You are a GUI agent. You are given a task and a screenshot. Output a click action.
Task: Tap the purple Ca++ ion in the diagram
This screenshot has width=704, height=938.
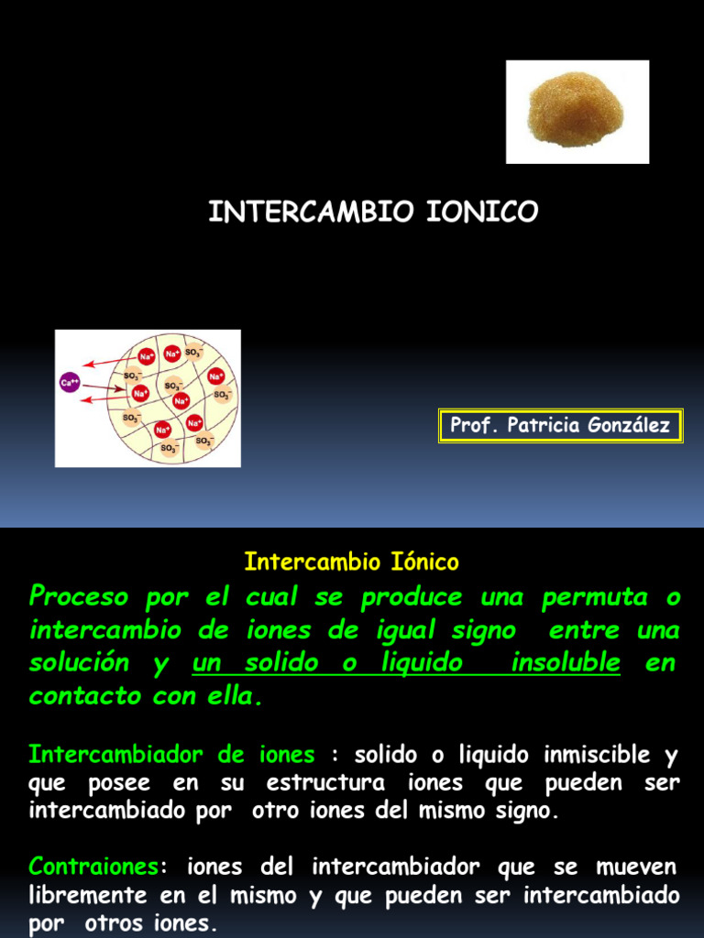[70, 382]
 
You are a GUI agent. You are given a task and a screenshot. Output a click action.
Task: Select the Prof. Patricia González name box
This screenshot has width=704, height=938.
[560, 426]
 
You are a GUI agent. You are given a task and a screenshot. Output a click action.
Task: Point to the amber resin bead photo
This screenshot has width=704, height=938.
[577, 111]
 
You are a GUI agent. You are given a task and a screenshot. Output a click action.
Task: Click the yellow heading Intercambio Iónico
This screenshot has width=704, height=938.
[351, 562]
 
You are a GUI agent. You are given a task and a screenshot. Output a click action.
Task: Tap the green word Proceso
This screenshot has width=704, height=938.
[79, 598]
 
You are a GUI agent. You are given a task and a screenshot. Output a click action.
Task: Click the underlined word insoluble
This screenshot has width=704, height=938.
[566, 663]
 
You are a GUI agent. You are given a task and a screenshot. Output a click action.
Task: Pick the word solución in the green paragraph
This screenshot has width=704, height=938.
[79, 663]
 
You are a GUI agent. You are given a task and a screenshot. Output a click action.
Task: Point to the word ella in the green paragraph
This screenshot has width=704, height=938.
[234, 697]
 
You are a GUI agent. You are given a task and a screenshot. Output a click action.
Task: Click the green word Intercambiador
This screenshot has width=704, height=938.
[116, 756]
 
